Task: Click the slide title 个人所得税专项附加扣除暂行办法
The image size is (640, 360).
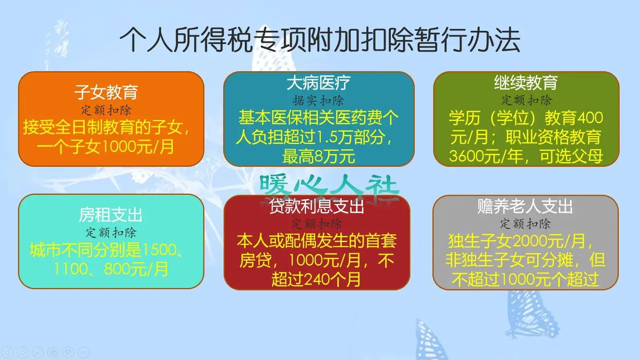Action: (x=320, y=40)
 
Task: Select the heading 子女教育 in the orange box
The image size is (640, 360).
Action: (x=106, y=92)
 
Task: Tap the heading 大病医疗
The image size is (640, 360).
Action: (x=318, y=82)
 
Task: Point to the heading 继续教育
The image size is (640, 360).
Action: (x=526, y=82)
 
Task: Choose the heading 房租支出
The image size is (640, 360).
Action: (x=110, y=215)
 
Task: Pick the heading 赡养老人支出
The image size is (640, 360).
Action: (x=525, y=206)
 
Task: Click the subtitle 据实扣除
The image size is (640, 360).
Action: (x=318, y=100)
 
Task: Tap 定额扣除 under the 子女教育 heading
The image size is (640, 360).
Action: (x=106, y=110)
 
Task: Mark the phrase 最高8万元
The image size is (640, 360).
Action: (x=318, y=156)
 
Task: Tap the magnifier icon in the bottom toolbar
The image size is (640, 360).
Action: (x=68, y=352)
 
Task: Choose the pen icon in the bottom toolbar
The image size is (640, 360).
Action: (x=38, y=352)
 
